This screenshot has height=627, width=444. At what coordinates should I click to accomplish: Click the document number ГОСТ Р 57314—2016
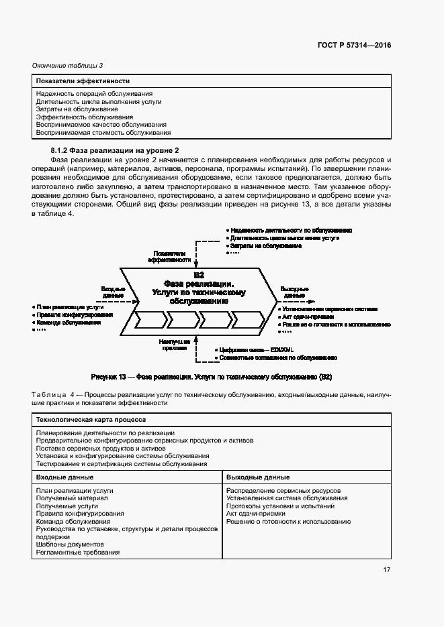(x=355, y=46)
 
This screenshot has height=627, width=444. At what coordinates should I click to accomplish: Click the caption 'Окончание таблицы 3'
(x=67, y=65)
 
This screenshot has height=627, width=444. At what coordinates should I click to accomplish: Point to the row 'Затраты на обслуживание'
(x=77, y=109)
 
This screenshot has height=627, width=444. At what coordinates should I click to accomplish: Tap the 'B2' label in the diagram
(x=199, y=275)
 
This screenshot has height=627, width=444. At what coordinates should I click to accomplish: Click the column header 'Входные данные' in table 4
(x=65, y=477)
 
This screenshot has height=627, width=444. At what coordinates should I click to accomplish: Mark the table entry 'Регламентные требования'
(x=78, y=553)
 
